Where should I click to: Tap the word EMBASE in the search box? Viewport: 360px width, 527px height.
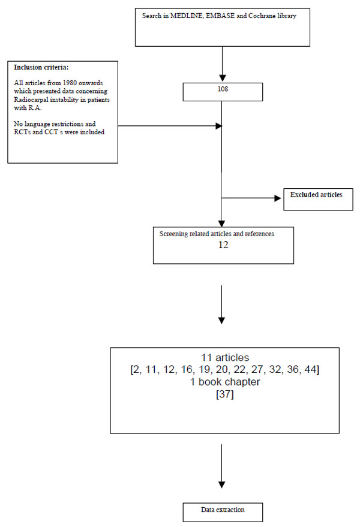pyautogui.click(x=220, y=16)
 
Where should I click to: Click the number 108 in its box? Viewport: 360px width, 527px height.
pyautogui.click(x=223, y=89)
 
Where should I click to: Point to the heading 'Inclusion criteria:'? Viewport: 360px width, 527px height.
pyautogui.click(x=41, y=67)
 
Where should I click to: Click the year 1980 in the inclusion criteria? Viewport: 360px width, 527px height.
pyautogui.click(x=70, y=83)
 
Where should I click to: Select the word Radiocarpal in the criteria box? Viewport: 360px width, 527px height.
pyautogui.click(x=31, y=100)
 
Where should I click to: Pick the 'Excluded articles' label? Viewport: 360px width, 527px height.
pyautogui.click(x=316, y=195)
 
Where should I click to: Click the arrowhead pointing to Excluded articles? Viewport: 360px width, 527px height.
pyautogui.click(x=278, y=198)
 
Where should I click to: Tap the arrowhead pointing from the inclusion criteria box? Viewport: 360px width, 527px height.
pyautogui.click(x=218, y=126)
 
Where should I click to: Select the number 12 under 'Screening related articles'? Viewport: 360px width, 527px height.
pyautogui.click(x=223, y=245)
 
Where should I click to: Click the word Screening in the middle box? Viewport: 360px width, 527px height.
pyautogui.click(x=173, y=234)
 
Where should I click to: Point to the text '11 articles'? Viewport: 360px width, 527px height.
pyautogui.click(x=225, y=357)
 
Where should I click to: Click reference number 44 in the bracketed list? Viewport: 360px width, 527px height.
pyautogui.click(x=311, y=369)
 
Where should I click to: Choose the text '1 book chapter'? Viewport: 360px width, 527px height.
pyautogui.click(x=225, y=382)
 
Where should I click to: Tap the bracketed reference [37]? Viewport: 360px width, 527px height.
pyautogui.click(x=225, y=394)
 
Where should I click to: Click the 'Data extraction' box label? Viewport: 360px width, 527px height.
pyautogui.click(x=223, y=510)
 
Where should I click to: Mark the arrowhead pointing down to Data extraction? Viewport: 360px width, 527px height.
pyautogui.click(x=222, y=484)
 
